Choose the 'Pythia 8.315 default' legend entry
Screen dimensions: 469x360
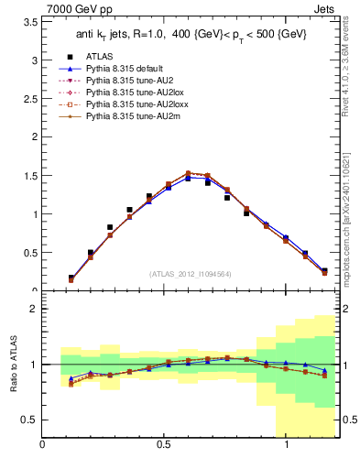pyautogui.click(x=127, y=69)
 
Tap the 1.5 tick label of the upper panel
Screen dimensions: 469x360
pyautogui.click(x=28, y=176)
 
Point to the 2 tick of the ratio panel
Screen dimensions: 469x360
pyautogui.click(x=33, y=309)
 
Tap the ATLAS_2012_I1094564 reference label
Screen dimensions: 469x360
pyautogui.click(x=190, y=273)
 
